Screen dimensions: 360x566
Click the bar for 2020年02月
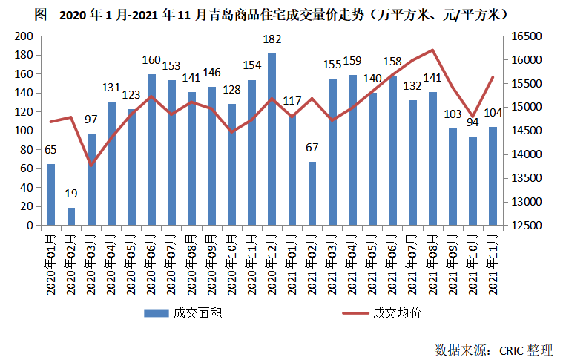click(x=71, y=216)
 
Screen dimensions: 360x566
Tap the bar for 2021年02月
click(x=312, y=193)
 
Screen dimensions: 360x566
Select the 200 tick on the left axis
click(x=25, y=36)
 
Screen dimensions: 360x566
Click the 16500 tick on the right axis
click(x=524, y=36)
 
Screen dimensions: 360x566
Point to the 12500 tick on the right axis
click(x=524, y=225)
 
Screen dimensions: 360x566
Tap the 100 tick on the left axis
click(x=25, y=131)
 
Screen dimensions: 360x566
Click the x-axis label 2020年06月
click(x=151, y=263)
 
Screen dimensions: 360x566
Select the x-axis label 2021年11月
click(x=493, y=263)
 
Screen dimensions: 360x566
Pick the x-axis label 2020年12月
click(x=272, y=263)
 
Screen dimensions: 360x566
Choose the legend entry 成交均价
click(x=397, y=312)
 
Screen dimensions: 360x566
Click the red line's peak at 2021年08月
click(x=432, y=50)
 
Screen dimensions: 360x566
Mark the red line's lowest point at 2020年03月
click(x=91, y=164)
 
